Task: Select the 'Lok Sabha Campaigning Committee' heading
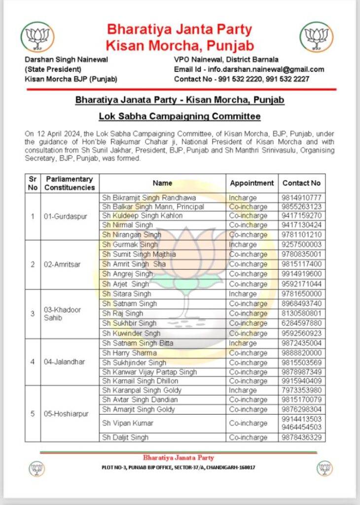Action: pos(180,116)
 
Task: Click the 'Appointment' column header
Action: pos(252,183)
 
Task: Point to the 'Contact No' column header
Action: pos(301,183)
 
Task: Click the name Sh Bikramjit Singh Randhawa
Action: pos(149,197)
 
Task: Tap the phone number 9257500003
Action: pos(301,245)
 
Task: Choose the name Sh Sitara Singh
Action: pos(127,294)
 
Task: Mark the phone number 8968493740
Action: pos(301,304)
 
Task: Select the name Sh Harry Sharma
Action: pos(129,353)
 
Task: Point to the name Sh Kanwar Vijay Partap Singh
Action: pos(149,372)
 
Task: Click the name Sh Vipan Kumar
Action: pos(128,423)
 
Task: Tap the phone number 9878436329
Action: pos(301,437)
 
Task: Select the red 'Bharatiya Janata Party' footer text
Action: pos(179,458)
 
